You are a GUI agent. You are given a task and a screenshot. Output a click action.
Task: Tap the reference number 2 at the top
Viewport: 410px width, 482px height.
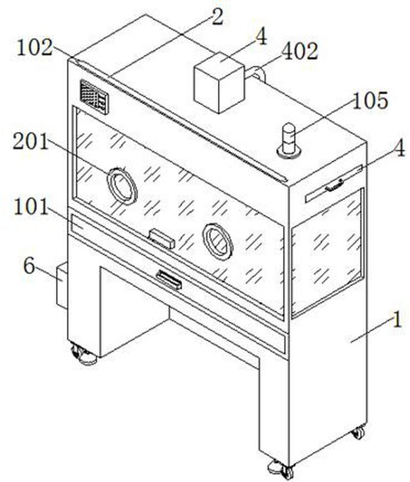pos(217,17)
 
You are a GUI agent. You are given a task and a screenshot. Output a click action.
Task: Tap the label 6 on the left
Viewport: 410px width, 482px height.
pos(29,266)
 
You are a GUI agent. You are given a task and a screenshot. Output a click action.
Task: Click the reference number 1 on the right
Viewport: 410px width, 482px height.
pos(396,319)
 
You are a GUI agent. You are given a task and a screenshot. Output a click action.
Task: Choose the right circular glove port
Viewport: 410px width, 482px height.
pos(217,240)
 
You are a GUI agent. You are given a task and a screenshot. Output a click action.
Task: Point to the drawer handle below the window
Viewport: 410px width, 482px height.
pos(169,280)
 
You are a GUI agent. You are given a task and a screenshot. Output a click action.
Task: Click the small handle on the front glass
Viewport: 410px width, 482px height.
pos(162,239)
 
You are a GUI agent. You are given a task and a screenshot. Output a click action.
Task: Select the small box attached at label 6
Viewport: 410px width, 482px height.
pos(61,287)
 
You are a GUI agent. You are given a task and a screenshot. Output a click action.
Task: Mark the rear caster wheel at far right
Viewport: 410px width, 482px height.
pos(358,432)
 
